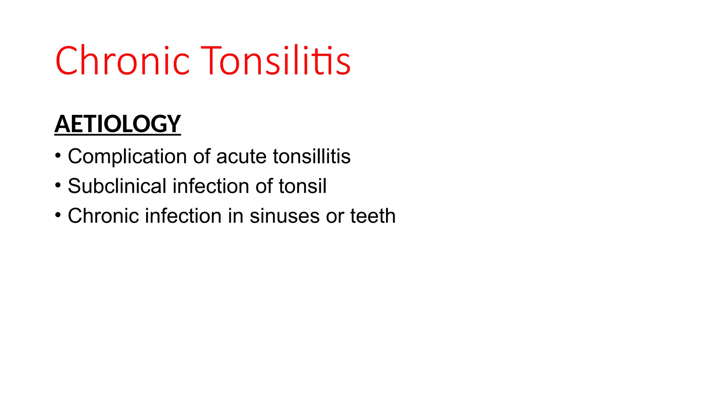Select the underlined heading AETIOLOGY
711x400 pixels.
pos(118,124)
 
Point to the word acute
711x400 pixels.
pos(242,157)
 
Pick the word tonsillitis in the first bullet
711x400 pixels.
pos(312,157)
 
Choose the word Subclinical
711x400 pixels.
pos(117,186)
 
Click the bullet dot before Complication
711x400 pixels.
pos(58,155)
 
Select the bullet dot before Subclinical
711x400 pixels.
pos(58,185)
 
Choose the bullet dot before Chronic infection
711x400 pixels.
pos(58,215)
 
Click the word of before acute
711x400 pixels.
pos(202,157)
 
